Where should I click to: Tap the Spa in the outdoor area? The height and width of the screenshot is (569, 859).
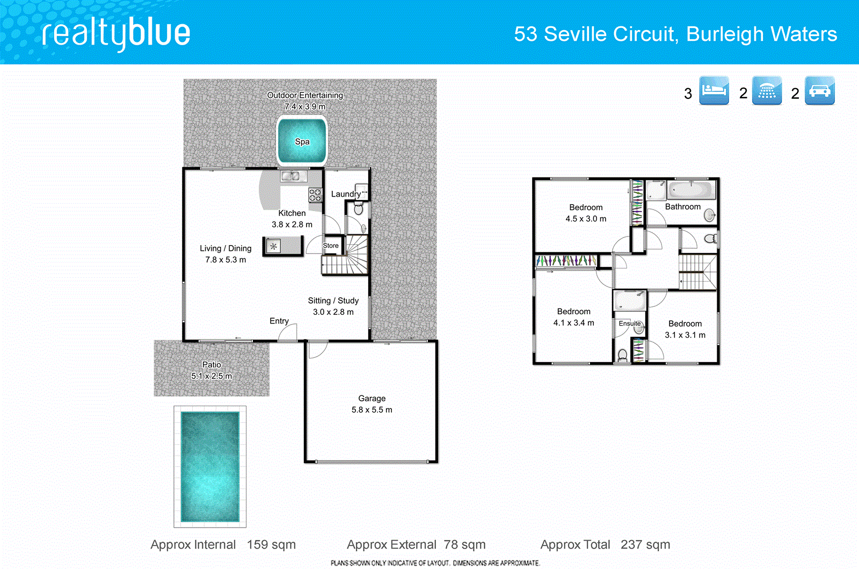[x=302, y=141]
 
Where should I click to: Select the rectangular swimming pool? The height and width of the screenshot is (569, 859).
[x=210, y=466]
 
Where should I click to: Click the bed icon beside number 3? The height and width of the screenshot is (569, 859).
[x=714, y=90]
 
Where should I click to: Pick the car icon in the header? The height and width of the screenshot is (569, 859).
[x=819, y=90]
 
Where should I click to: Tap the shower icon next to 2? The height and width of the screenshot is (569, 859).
[x=767, y=90]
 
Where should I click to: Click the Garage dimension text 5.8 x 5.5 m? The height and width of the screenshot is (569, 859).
[x=372, y=410]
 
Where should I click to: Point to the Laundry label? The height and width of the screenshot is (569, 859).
[x=345, y=194]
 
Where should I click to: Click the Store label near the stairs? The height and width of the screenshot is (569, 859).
[x=331, y=246]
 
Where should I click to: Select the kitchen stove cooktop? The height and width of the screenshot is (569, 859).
[x=315, y=195]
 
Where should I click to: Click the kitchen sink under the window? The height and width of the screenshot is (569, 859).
[x=293, y=176]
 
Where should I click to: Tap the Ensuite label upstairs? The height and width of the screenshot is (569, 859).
[x=629, y=323]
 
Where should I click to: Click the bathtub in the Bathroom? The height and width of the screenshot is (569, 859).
[x=691, y=190]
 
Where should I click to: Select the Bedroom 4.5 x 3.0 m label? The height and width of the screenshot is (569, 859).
[x=586, y=213]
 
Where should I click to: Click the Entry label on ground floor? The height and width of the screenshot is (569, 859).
[x=279, y=321]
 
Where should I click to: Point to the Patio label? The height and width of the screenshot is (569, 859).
[x=212, y=364]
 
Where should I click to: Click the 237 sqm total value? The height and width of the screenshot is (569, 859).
[x=645, y=544]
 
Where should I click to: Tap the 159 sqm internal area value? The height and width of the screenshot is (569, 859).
[x=271, y=544]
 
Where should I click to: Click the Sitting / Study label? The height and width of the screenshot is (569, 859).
[x=333, y=301]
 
